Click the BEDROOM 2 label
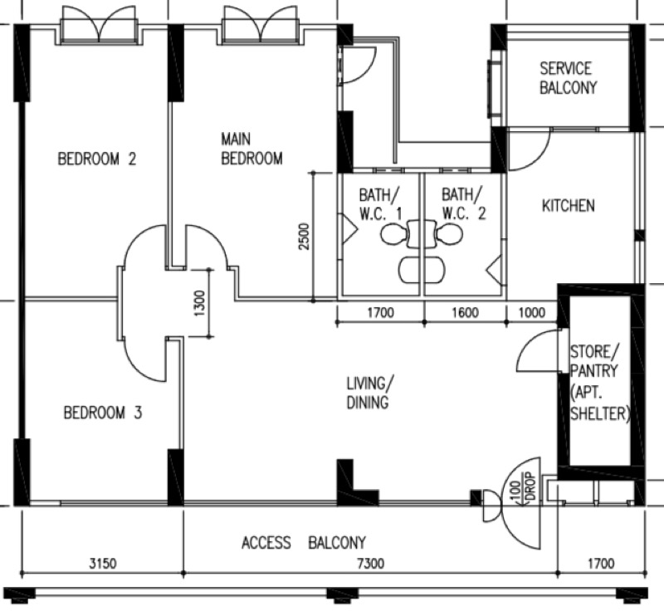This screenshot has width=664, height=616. pos(97,159)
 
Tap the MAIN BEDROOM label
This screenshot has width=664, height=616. pos(251,149)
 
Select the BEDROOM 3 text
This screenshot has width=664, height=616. pos(103,413)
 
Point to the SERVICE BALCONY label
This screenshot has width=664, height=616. pos(568,78)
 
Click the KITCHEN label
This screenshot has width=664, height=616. pos(569,206)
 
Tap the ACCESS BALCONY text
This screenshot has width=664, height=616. pos(303,543)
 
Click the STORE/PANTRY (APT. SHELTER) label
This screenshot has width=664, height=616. pos(599,383)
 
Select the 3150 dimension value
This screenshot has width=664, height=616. pos(102,564)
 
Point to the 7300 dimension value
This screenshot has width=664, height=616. pos(371,564)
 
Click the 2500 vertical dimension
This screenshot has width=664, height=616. pos(304,236)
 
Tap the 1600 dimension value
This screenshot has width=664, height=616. pos(466,313)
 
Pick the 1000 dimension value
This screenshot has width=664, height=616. pos(532,313)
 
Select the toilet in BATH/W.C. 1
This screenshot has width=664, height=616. pos(395,234)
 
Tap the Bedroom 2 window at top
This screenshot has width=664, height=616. pos(99,26)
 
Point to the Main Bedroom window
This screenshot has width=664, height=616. pos(261,26)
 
